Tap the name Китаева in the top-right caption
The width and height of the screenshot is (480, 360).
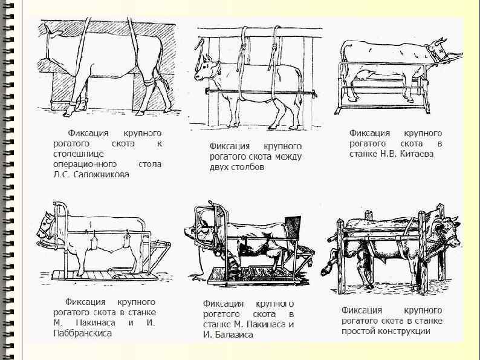click(414, 154)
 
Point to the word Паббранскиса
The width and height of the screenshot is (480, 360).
click(82, 333)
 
